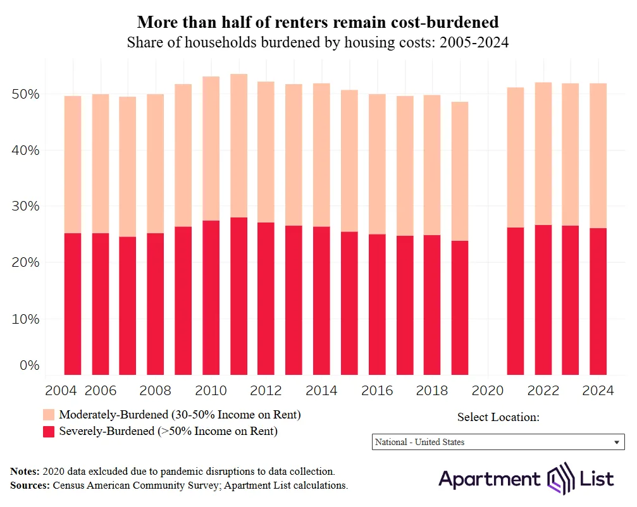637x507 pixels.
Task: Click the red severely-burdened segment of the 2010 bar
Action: point(211,297)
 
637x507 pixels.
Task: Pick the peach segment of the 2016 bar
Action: point(377,164)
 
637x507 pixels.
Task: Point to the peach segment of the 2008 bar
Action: point(155,164)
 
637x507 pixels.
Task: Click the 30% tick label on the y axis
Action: point(25,206)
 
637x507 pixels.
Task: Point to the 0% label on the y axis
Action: point(28,365)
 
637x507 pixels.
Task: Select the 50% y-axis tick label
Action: point(25,94)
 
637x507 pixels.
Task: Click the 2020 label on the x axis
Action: point(488,391)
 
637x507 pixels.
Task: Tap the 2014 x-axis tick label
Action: point(321,391)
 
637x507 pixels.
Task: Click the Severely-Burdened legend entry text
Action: point(168,431)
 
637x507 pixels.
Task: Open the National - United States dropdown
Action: point(498,442)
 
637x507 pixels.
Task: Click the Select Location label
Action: point(498,417)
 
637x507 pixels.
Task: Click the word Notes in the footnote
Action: point(25,472)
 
